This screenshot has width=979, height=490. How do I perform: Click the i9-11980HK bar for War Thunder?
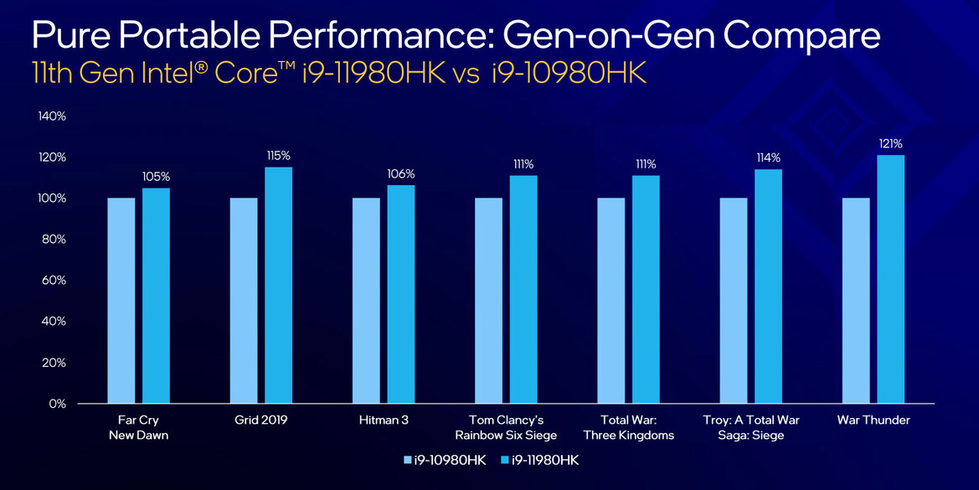pyautogui.click(x=890, y=279)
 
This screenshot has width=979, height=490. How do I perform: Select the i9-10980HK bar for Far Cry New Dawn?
pyautogui.click(x=121, y=301)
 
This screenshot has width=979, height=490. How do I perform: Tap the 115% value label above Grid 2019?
pyautogui.click(x=278, y=156)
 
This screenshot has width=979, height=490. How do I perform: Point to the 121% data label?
pyautogui.click(x=890, y=144)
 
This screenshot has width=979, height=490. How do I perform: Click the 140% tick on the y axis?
pyautogui.click(x=52, y=116)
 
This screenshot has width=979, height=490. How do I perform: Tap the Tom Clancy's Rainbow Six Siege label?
pyautogui.click(x=505, y=427)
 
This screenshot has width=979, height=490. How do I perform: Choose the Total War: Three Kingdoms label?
pyautogui.click(x=627, y=427)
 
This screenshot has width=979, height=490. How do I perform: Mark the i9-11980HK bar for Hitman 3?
pyautogui.click(x=400, y=294)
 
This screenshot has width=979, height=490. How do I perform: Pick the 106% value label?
pyautogui.click(x=400, y=174)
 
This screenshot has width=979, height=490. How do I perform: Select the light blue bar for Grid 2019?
pyautogui.click(x=244, y=301)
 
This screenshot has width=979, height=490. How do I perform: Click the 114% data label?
pyautogui.click(x=768, y=157)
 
